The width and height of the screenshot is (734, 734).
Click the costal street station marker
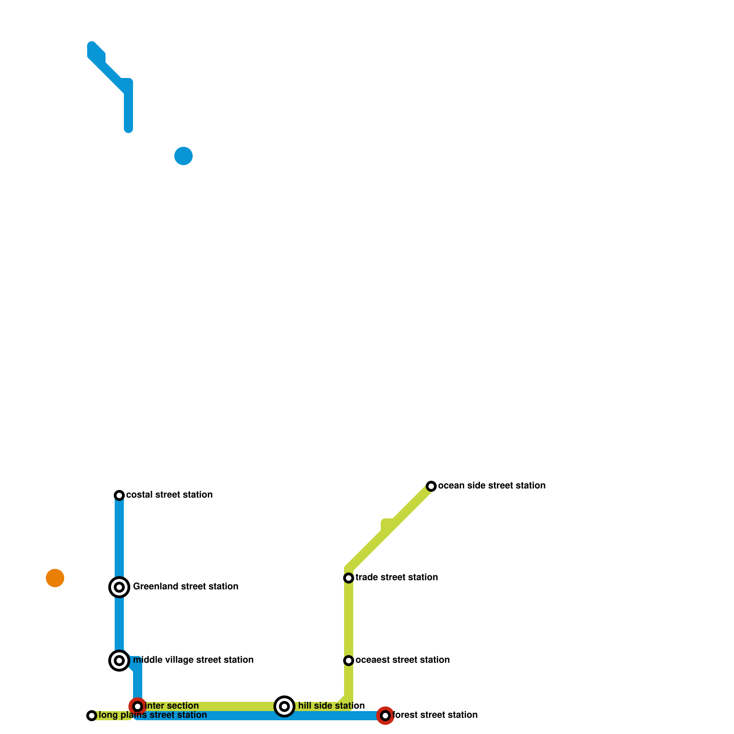click(x=119, y=495)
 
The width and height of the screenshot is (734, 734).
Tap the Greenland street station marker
click(x=119, y=587)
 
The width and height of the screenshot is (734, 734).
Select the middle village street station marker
click(x=119, y=661)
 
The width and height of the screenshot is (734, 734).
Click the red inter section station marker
click(x=138, y=706)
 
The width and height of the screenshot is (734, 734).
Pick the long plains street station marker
click(x=92, y=716)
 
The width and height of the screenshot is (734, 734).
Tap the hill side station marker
click(x=284, y=706)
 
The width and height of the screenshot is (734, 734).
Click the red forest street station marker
click(x=385, y=716)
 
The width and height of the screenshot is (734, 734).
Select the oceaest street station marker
click(x=349, y=661)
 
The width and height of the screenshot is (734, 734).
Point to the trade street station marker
click(x=349, y=578)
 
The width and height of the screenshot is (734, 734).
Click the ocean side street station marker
click(x=431, y=486)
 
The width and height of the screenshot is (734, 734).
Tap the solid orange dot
click(x=55, y=578)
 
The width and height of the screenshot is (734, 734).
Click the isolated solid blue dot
click(x=183, y=156)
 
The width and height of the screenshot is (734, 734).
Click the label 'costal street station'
click(x=169, y=495)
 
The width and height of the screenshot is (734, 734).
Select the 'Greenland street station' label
click(x=185, y=587)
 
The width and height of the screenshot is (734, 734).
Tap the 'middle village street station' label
click(x=193, y=660)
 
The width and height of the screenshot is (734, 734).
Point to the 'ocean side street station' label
click(x=492, y=486)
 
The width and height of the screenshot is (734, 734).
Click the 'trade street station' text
click(x=396, y=578)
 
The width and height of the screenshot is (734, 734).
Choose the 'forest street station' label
click(x=435, y=715)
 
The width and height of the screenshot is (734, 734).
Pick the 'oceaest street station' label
click(x=402, y=660)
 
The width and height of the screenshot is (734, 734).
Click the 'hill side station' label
click(x=331, y=706)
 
